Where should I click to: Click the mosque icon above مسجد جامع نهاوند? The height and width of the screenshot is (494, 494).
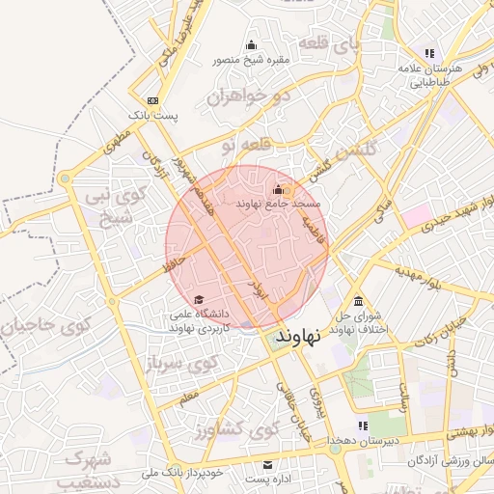click(x=279, y=189)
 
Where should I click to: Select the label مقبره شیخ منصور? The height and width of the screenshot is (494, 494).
click(x=253, y=60)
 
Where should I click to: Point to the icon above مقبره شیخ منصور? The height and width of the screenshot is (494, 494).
click(x=253, y=44)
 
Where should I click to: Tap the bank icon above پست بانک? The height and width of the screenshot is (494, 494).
click(x=152, y=100)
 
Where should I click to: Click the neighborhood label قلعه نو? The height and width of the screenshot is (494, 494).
click(x=240, y=146)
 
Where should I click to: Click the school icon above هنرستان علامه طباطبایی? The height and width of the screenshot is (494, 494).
click(x=429, y=53)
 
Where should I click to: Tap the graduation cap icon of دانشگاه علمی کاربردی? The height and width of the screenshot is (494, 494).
click(x=199, y=299)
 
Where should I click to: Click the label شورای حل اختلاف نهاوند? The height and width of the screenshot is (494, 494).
click(x=360, y=322)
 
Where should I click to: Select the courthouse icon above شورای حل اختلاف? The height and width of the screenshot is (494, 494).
click(x=359, y=299)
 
